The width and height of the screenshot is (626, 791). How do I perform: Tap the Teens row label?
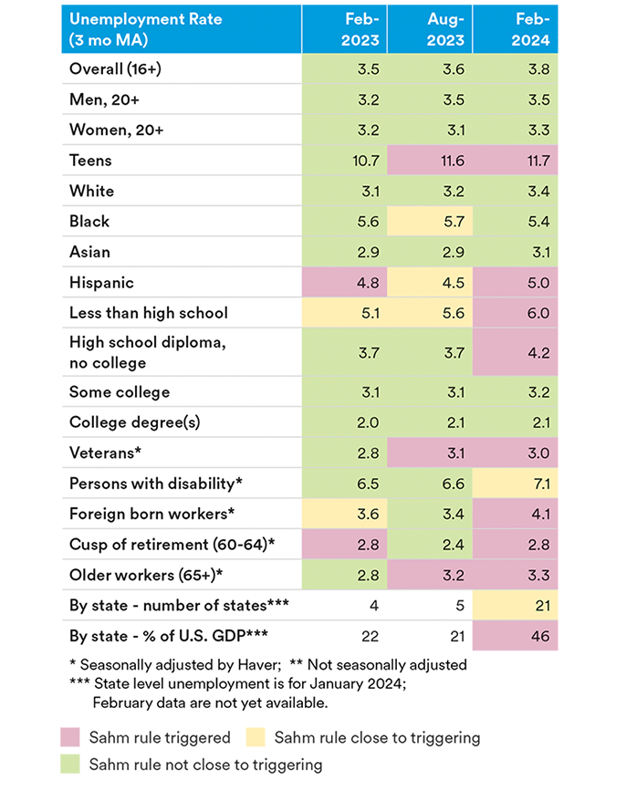click(90, 161)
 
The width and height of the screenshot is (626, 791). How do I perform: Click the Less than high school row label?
click(148, 313)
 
